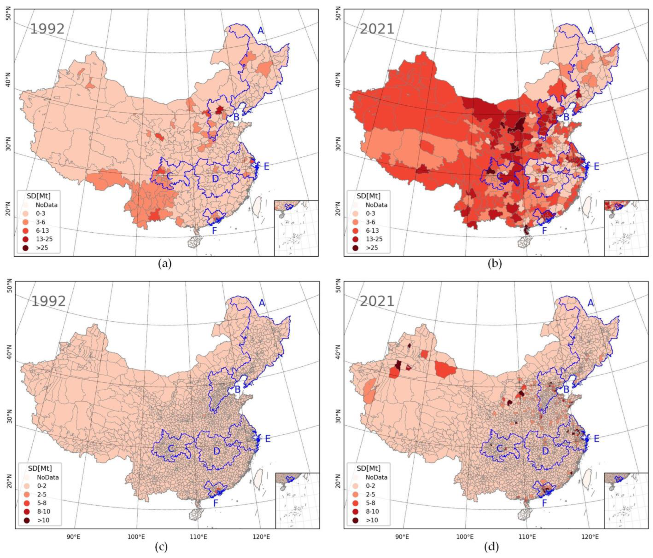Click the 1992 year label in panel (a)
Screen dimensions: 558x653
[47, 29]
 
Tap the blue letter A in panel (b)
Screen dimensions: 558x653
[591, 31]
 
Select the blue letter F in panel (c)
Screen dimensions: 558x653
[216, 503]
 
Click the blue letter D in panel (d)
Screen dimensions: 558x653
[545, 451]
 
